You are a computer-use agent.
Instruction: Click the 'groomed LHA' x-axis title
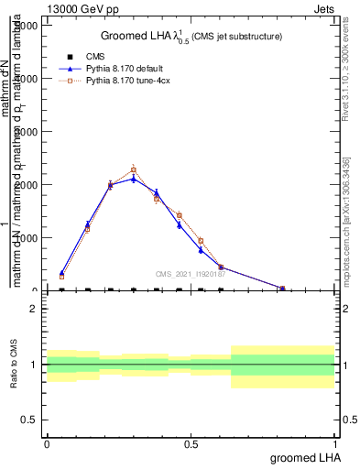tap(304, 457)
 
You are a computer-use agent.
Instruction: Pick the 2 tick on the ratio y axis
tap(34, 309)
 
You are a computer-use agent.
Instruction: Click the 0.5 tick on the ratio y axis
tap(31, 420)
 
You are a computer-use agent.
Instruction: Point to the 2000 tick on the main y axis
tap(27, 184)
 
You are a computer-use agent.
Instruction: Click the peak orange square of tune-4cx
tap(133, 169)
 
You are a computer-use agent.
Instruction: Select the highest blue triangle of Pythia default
tap(133, 179)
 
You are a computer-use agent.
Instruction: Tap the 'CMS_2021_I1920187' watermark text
tap(190, 274)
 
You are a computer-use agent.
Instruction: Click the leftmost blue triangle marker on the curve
tap(61, 273)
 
